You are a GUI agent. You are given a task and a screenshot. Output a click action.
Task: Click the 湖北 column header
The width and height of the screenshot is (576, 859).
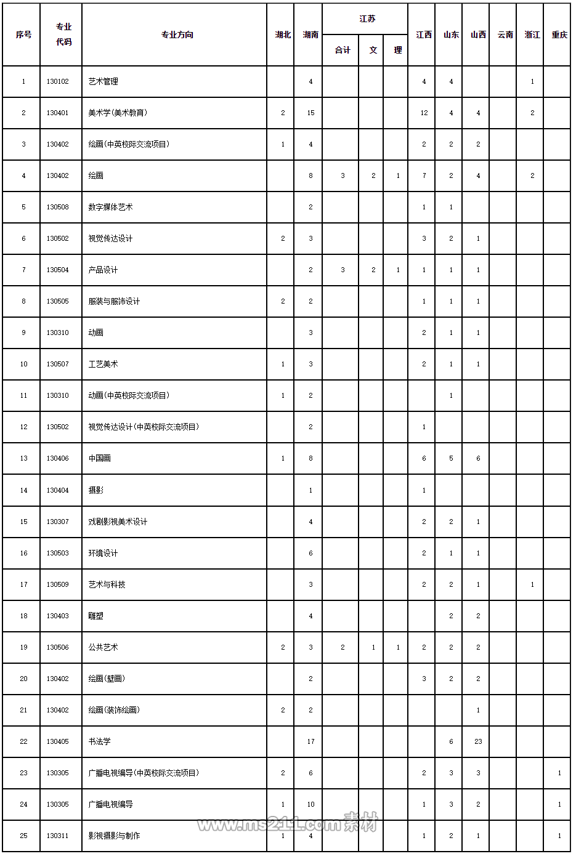point(283,35)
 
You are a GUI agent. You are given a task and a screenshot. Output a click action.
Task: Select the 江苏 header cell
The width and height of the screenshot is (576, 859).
point(367,19)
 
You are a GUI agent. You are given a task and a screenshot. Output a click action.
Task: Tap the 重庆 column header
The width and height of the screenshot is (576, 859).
point(559,35)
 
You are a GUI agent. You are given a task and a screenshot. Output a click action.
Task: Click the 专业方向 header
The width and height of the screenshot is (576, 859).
point(177,35)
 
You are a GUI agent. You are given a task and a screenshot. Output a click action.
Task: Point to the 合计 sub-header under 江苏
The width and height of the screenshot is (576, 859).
point(343,50)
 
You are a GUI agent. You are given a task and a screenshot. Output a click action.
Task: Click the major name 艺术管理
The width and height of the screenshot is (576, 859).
point(103,81)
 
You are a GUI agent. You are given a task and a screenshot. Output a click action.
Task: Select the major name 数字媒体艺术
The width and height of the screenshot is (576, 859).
point(110,207)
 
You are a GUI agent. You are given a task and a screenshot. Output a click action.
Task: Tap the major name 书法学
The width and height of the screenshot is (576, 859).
point(99,741)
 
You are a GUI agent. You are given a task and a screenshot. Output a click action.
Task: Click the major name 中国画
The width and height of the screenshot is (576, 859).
point(99,458)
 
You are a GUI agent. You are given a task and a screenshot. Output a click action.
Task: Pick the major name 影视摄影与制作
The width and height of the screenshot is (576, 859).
point(114,836)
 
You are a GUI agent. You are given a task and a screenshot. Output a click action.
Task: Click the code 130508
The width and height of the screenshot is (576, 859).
point(58,207)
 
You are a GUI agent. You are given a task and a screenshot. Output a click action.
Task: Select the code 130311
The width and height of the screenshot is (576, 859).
point(58,836)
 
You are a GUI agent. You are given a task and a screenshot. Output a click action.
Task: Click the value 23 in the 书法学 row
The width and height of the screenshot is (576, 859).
point(478,741)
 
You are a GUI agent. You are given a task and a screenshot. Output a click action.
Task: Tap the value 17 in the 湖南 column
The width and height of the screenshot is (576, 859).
point(310,741)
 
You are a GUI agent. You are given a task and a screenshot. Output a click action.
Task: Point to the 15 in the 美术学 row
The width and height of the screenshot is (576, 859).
point(310,113)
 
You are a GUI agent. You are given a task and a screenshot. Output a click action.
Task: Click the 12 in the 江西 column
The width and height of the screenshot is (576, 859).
point(424,113)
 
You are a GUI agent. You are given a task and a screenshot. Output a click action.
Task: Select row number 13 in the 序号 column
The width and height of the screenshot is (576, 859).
point(24,458)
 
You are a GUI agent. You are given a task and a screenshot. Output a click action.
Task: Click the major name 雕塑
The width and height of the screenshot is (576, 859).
point(95,616)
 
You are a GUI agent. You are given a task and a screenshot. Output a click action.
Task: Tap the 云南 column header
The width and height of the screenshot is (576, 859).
point(505,35)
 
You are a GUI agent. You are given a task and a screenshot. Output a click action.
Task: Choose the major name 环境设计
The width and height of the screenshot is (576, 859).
point(103,553)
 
